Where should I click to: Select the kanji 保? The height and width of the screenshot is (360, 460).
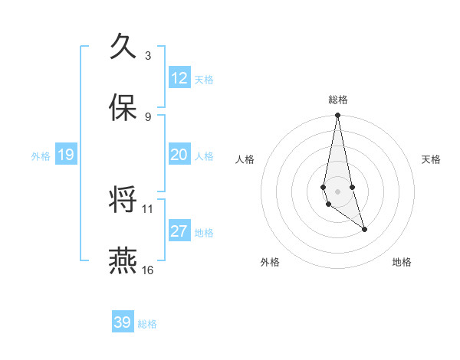point(123,108)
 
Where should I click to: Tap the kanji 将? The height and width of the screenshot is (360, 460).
point(123,201)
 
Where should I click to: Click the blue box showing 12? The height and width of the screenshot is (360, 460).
point(179,78)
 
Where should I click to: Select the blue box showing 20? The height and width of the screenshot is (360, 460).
point(179,155)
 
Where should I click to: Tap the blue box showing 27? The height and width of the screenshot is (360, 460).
point(179,231)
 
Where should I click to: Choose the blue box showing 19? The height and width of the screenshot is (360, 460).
point(66,155)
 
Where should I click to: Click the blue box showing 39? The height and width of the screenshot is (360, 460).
point(123,322)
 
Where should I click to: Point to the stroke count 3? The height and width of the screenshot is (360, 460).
point(148,56)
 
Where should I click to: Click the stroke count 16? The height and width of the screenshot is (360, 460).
point(148,270)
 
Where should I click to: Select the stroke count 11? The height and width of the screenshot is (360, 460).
point(148,208)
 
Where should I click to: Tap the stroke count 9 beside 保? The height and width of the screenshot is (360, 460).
point(148,116)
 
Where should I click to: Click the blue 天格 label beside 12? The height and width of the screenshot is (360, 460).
point(204,79)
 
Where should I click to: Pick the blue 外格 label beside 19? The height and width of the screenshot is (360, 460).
point(41,155)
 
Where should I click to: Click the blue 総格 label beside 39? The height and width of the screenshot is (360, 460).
point(147,324)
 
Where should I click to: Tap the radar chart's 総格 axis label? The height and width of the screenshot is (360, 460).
point(338,99)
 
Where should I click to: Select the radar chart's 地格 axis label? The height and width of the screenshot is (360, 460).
point(402,262)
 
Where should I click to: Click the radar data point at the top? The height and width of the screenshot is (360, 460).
point(337,116)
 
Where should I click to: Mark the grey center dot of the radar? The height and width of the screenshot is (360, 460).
point(337,191)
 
